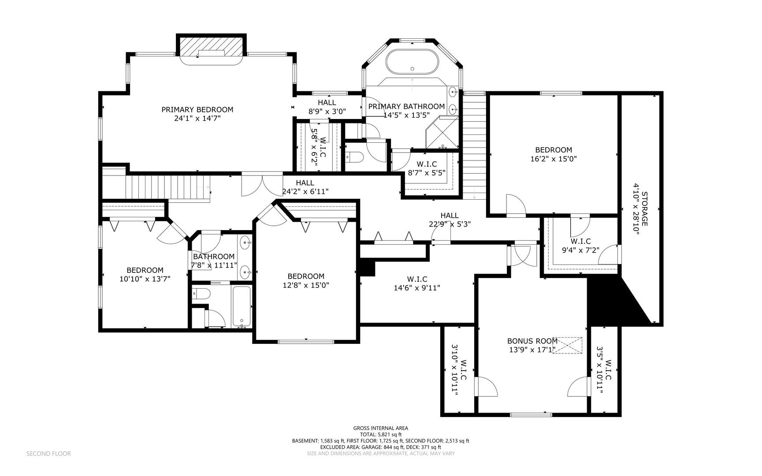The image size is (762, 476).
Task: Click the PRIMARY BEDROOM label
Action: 197,110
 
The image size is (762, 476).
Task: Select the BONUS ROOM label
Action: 532,341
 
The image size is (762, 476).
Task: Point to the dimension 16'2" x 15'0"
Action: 554,159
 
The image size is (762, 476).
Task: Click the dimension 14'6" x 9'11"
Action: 417,288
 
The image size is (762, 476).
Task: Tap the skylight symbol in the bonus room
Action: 568,345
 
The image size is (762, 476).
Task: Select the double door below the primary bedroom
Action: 262,186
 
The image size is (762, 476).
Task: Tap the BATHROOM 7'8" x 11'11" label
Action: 214,261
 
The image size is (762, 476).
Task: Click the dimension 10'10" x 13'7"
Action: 145,279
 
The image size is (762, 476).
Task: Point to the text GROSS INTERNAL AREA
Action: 381,428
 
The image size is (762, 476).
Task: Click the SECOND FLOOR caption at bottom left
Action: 48,454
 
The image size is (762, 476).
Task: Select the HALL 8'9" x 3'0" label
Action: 327,107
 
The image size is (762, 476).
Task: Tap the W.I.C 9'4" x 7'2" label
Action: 581,245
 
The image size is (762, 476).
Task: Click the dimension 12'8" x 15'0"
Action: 306,285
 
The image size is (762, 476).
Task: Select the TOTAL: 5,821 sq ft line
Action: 381,434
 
